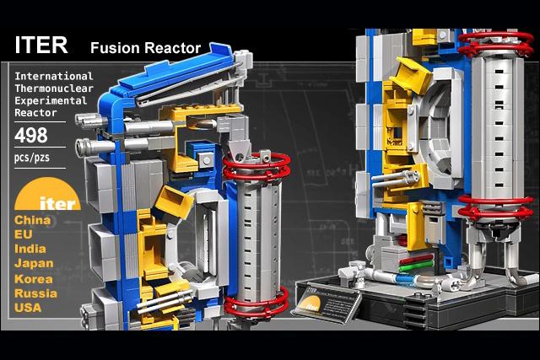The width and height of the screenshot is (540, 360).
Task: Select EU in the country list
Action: tap(24, 234)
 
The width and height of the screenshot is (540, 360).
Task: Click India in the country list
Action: tap(30, 249)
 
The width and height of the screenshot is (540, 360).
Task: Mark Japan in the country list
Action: tap(34, 264)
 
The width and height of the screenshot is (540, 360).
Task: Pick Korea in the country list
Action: tap(34, 279)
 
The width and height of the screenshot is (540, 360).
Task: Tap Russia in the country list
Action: tap(36, 293)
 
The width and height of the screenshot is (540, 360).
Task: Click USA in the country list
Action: tap(29, 308)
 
